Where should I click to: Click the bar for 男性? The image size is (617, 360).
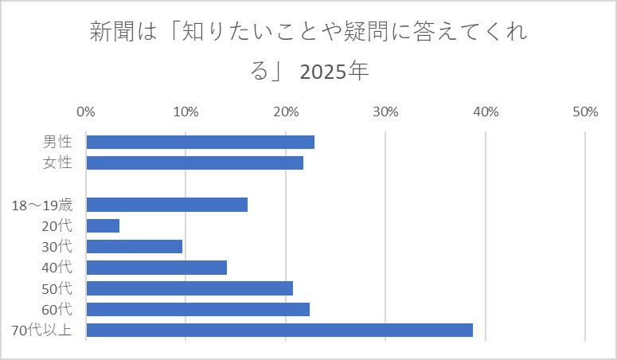[x=200, y=142]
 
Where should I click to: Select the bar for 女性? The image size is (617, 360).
[x=194, y=162]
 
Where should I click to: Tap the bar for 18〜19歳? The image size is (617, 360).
[x=166, y=205]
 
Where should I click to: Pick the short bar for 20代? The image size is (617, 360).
[x=103, y=225]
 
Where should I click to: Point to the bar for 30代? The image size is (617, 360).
[x=134, y=246]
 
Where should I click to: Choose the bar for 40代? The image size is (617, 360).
[x=156, y=267]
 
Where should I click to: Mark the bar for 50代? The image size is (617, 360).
[x=189, y=288]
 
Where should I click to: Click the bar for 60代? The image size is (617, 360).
[x=197, y=309]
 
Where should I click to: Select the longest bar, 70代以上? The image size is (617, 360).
[x=279, y=330]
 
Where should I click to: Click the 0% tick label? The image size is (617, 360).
[x=86, y=112]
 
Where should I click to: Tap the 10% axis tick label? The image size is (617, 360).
[x=185, y=112]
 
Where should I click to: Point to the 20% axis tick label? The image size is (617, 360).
[x=286, y=112]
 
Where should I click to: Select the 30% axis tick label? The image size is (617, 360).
[x=385, y=112]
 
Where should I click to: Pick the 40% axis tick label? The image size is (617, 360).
[x=486, y=112]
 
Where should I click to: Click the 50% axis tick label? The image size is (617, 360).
[x=585, y=112]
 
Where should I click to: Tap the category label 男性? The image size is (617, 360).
[x=57, y=143]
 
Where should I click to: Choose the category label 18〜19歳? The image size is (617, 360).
[x=42, y=205]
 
